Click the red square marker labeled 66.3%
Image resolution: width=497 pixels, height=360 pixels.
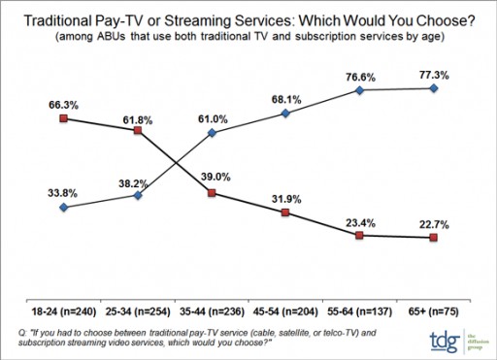pyautogui.click(x=63, y=118)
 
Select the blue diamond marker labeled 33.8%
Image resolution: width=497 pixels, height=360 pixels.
pyautogui.click(x=63, y=207)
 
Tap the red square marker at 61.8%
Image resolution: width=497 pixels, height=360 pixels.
pyautogui.click(x=138, y=130)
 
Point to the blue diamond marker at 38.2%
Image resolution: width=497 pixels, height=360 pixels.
pyautogui.click(x=138, y=195)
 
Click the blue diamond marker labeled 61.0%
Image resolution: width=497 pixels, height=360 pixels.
pyautogui.click(x=212, y=132)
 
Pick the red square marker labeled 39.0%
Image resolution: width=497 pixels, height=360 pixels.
pyautogui.click(x=212, y=193)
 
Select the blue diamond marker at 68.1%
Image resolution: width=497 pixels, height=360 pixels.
pyautogui.click(x=285, y=114)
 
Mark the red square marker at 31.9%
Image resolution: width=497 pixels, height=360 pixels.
pyautogui.click(x=285, y=212)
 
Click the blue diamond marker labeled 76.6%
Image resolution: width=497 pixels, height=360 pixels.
pyautogui.click(x=359, y=90)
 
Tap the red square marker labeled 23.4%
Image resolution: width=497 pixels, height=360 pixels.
pyautogui.click(x=359, y=235)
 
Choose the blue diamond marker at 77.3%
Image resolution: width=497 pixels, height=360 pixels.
pyautogui.click(x=433, y=88)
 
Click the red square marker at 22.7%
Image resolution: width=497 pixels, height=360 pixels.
pyautogui.click(x=433, y=237)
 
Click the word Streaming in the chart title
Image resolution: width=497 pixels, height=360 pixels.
pyautogui.click(x=269, y=18)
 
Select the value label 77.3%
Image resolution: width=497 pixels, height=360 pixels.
pyautogui.click(x=433, y=73)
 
